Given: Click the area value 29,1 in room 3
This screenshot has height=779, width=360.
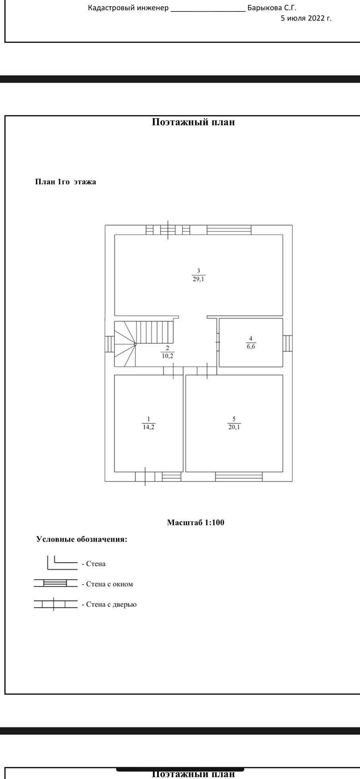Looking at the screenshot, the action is click(x=199, y=279).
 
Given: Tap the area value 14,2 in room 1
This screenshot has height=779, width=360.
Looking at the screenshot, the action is click(x=149, y=427).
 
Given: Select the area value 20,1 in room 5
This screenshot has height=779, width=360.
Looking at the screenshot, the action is click(x=234, y=427).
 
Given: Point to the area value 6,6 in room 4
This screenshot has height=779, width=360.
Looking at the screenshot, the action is click(x=251, y=346).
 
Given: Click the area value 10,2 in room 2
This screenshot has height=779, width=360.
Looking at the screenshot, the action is click(x=167, y=356).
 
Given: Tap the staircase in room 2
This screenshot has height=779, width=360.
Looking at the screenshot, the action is click(x=144, y=344).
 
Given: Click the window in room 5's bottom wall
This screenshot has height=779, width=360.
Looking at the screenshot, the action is click(x=239, y=477).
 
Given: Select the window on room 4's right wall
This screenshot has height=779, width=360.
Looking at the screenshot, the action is click(x=288, y=344).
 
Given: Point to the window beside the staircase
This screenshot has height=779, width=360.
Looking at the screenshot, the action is click(x=110, y=344).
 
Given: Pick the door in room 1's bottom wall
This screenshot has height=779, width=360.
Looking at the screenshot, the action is click(x=145, y=477).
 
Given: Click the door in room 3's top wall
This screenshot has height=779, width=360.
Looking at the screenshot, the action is click(x=168, y=230).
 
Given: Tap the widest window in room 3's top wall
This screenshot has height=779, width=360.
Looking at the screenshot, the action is click(x=229, y=230).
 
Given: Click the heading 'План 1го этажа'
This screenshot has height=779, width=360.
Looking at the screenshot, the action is click(x=66, y=182).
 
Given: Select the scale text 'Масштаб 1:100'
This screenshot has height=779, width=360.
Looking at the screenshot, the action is click(x=195, y=522).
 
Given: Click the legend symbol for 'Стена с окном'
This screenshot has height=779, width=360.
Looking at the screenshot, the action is click(x=56, y=583).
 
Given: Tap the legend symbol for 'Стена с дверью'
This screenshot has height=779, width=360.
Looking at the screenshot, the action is click(x=56, y=604).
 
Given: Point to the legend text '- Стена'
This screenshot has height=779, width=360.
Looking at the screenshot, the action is click(x=94, y=564).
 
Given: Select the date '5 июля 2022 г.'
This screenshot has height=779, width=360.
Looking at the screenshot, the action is click(x=306, y=18).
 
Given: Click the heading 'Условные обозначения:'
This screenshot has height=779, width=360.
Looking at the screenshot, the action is click(x=82, y=539).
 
